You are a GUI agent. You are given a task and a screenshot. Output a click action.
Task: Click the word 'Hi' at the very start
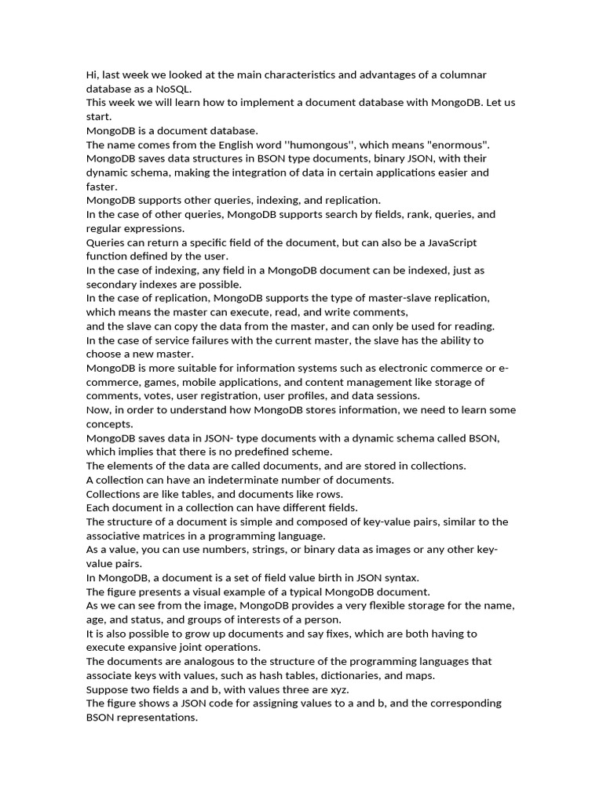[x=92, y=74]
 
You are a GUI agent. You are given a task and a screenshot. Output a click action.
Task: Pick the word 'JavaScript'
[x=444, y=242]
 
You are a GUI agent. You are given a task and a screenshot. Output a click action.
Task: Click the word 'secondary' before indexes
[x=113, y=285]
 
